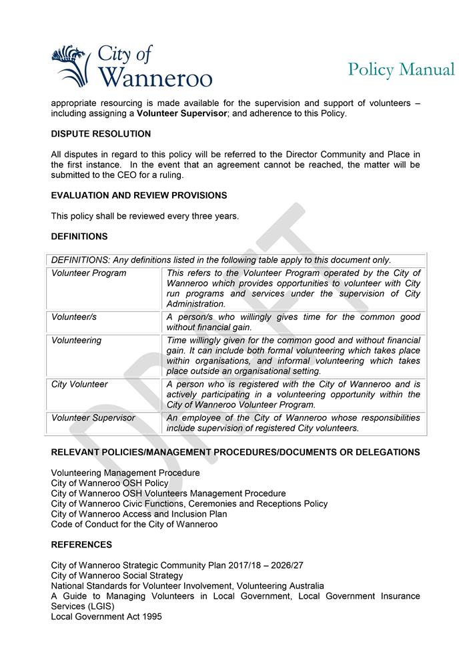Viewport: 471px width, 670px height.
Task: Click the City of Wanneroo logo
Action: [131, 66]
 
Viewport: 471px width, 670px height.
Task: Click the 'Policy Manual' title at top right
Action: [401, 69]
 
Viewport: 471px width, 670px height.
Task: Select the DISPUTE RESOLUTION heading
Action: [101, 134]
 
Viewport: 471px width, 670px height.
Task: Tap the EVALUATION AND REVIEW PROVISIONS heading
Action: [139, 195]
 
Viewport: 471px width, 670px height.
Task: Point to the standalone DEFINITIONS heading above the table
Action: [79, 237]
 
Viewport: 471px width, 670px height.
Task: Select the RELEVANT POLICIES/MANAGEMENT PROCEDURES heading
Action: [235, 453]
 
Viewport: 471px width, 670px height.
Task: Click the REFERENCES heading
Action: [81, 545]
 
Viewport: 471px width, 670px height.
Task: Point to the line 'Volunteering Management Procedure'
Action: [125, 473]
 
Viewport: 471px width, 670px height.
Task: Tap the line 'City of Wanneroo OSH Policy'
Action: [110, 483]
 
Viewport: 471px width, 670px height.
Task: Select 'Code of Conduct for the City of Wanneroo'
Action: [134, 525]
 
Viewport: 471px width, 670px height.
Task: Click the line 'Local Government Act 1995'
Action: [106, 617]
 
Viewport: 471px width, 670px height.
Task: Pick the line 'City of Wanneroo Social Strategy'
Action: [117, 575]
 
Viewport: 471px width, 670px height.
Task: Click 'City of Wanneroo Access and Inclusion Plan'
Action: [139, 514]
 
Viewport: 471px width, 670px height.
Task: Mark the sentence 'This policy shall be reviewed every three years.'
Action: [145, 216]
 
